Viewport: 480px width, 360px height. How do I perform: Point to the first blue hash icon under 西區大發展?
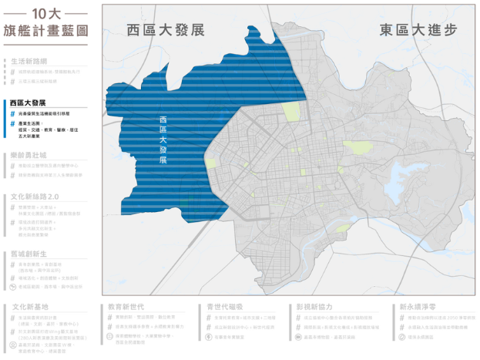click(x=13, y=113)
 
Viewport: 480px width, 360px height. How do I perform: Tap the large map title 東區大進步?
click(x=418, y=30)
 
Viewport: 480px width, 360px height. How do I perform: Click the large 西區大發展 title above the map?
click(x=166, y=30)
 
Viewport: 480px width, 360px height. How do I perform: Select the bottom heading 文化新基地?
click(x=32, y=306)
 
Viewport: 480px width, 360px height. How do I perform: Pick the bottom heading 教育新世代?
click(x=127, y=306)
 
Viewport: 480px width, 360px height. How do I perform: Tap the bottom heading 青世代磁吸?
click(x=224, y=306)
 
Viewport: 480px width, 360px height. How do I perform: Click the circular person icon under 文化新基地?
click(x=13, y=345)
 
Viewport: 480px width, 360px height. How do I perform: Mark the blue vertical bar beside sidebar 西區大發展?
click(x=5, y=103)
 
